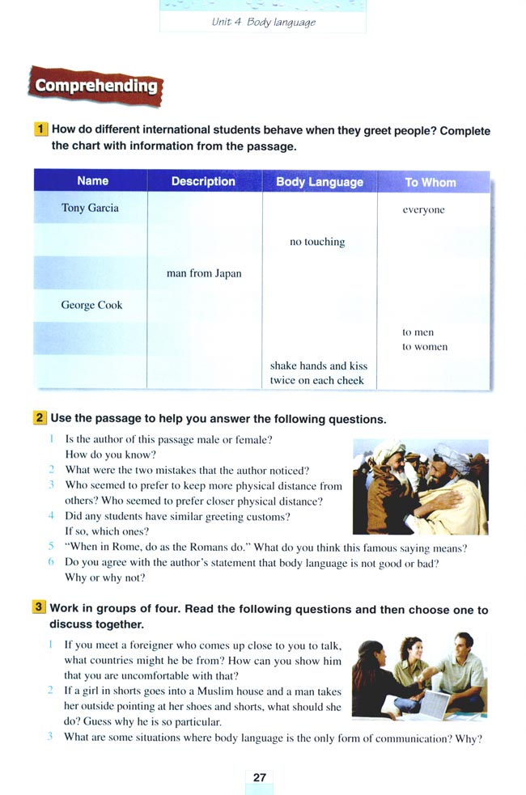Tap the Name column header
(92, 181)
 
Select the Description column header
(203, 181)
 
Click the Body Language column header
(320, 182)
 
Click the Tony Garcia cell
(90, 208)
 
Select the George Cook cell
(91, 305)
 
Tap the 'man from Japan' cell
(204, 273)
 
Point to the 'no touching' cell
(317, 242)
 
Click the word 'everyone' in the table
(423, 209)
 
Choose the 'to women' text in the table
(425, 347)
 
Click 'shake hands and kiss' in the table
(319, 366)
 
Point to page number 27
(259, 777)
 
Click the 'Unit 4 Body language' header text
(262, 22)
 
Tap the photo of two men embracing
(420, 488)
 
